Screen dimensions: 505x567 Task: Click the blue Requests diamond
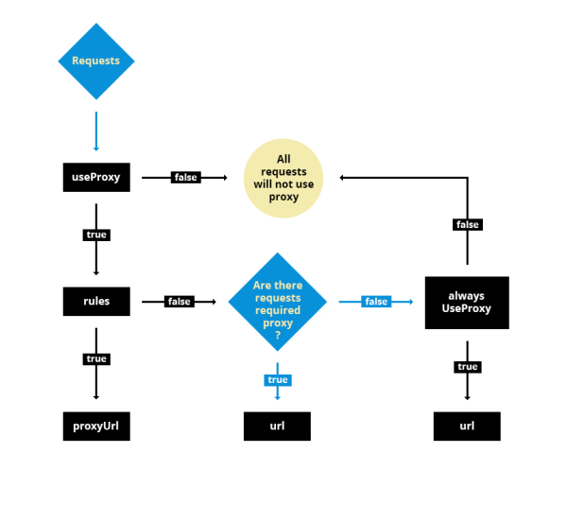click(95, 61)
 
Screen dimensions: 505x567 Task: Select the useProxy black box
click(95, 177)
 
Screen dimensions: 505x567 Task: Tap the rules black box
click(95, 302)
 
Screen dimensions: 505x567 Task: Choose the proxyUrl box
click(95, 427)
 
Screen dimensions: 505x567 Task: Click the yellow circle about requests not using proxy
click(283, 178)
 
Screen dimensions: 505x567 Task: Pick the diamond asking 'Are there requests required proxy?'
click(277, 302)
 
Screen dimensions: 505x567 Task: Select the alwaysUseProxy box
click(467, 303)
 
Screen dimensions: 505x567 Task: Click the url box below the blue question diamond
click(277, 427)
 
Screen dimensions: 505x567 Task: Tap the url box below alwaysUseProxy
click(467, 427)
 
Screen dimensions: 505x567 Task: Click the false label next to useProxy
click(185, 177)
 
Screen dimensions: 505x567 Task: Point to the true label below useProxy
click(95, 234)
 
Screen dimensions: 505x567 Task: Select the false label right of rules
click(179, 302)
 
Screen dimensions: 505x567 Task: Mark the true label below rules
click(95, 359)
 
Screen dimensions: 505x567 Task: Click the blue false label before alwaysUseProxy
click(376, 302)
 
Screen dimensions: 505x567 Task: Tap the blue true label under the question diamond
click(277, 380)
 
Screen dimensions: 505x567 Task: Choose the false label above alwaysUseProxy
click(467, 225)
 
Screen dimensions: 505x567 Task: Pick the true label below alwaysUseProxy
click(467, 367)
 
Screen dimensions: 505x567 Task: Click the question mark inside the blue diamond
click(277, 335)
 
